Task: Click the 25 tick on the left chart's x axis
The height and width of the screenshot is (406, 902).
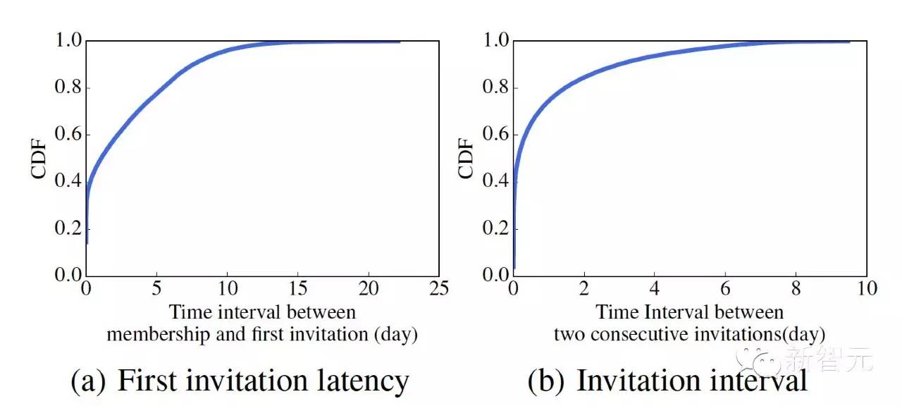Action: point(439,289)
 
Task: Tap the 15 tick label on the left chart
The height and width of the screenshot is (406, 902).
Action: point(297,289)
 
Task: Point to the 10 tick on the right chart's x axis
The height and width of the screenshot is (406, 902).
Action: point(866,289)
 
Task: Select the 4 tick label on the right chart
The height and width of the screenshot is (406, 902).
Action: point(655,289)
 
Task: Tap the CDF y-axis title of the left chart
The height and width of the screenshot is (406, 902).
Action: point(40,157)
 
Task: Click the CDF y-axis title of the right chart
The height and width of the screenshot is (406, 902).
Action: point(467,157)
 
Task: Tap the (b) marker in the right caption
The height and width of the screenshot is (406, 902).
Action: point(546,381)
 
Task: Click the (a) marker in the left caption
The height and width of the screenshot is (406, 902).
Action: point(89,381)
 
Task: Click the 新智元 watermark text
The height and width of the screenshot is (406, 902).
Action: point(844,362)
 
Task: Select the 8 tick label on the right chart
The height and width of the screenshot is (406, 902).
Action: point(796,289)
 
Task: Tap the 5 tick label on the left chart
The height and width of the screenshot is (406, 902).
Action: point(156,289)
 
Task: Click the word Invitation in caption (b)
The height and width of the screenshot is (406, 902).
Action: point(639,381)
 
